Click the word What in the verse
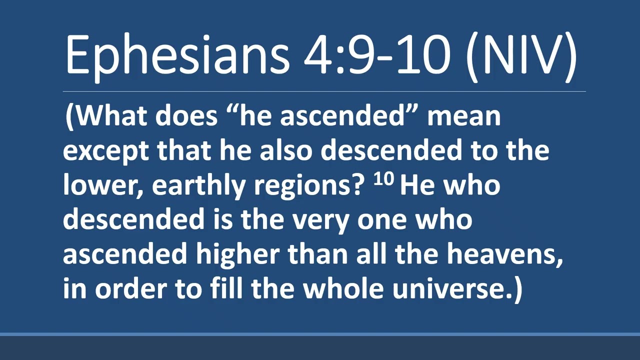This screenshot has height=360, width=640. click(112, 116)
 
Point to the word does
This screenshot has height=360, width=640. click(186, 116)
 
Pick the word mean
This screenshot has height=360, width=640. click(463, 116)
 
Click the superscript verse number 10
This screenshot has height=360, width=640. click(383, 180)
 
